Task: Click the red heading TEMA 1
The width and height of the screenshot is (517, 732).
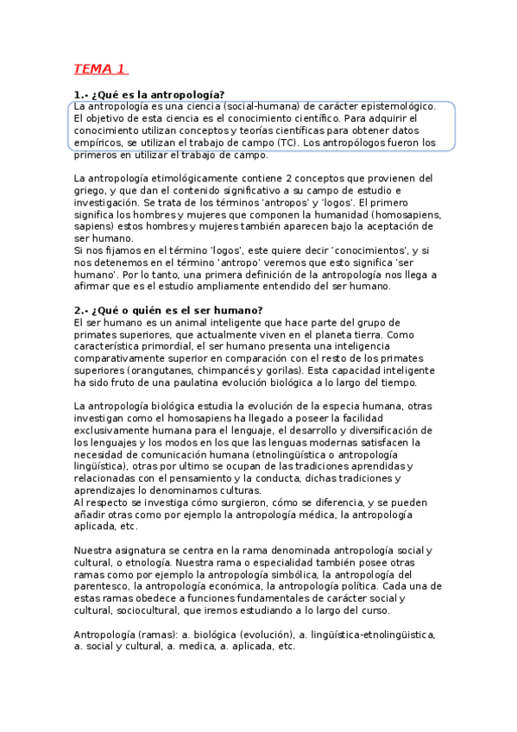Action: coord(100,69)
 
